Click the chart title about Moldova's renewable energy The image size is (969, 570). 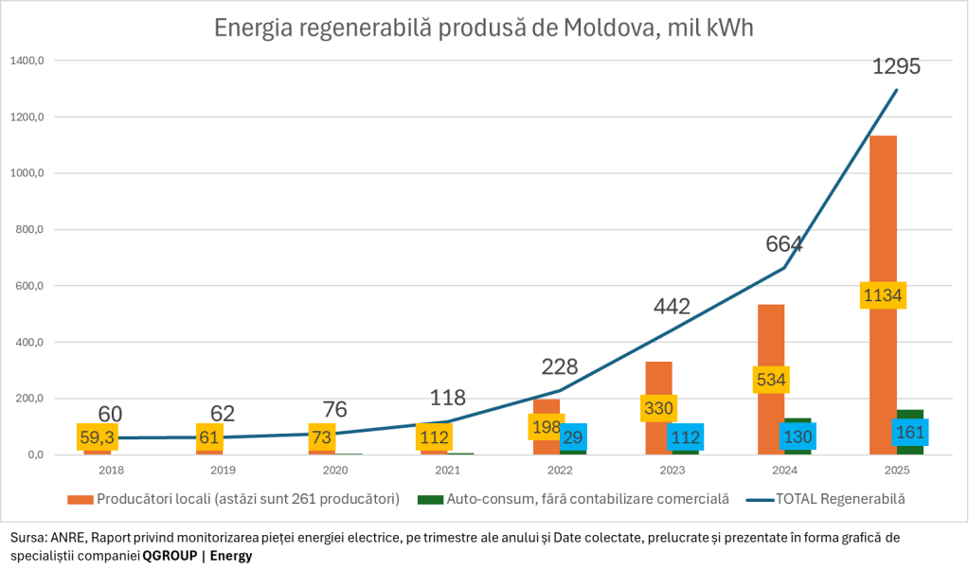coord(484,27)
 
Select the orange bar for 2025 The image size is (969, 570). coord(884,218)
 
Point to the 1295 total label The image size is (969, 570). coord(896,67)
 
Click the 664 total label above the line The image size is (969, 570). coord(784,244)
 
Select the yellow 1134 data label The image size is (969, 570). coord(884,295)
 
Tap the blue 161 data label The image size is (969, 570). coord(911,432)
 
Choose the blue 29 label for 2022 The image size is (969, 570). coord(573,436)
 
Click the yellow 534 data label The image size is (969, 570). coord(771,381)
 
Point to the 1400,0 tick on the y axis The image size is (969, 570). coord(27,62)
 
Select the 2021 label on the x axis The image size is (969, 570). coord(447,470)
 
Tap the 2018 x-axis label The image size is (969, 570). coord(111,470)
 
